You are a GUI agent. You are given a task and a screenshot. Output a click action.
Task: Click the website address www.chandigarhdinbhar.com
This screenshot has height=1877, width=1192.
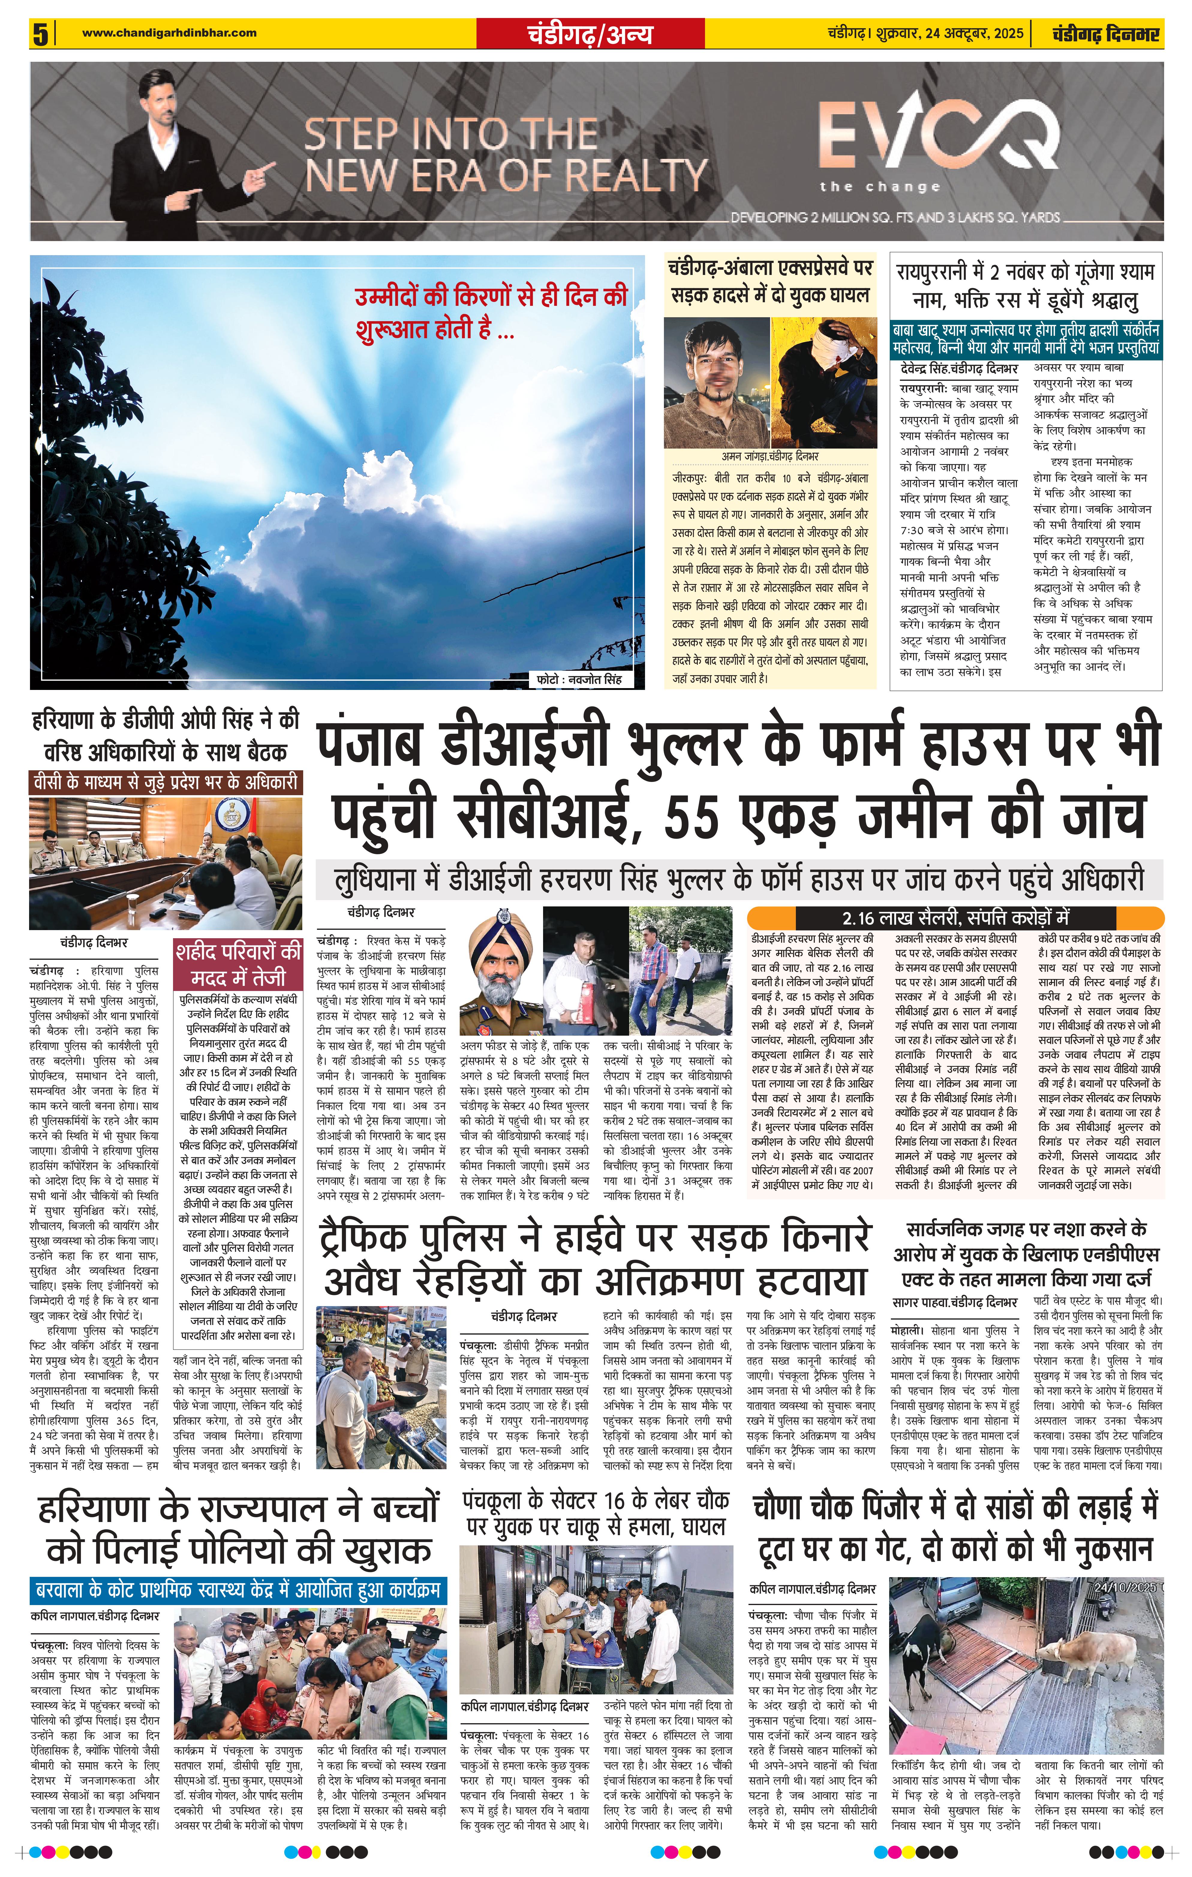(169, 33)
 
